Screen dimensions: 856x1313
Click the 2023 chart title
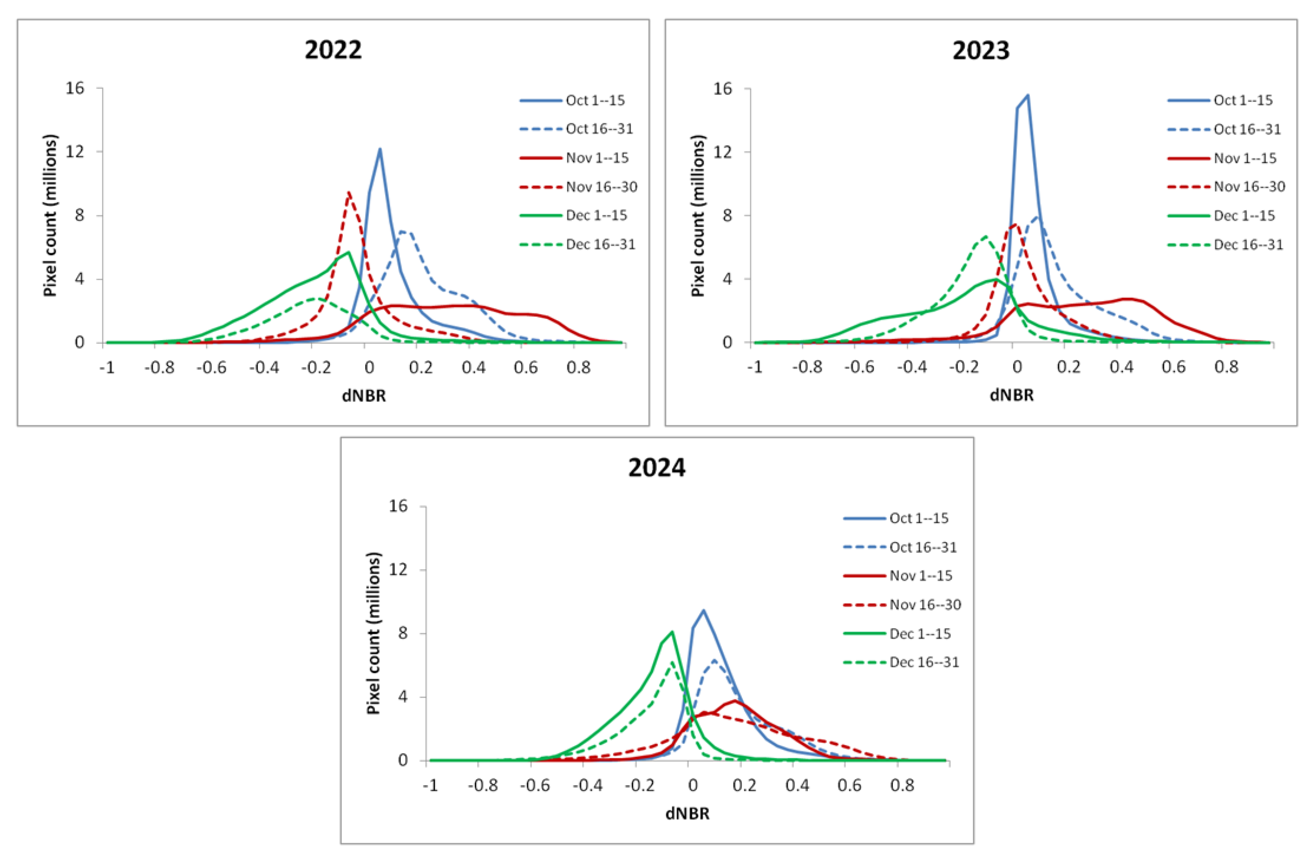pyautogui.click(x=981, y=50)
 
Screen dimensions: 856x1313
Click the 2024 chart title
pyautogui.click(x=656, y=468)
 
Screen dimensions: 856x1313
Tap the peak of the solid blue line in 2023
pyautogui.click(x=1027, y=95)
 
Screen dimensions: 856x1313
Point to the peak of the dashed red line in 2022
pyautogui.click(x=349, y=193)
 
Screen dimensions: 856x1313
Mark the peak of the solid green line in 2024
pyautogui.click(x=672, y=632)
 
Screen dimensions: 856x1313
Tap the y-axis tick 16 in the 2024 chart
pyautogui.click(x=398, y=506)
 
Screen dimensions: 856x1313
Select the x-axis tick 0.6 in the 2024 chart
pyautogui.click(x=850, y=785)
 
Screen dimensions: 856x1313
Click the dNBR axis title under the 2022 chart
pyautogui.click(x=364, y=395)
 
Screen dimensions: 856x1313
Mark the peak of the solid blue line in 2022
pyautogui.click(x=380, y=149)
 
